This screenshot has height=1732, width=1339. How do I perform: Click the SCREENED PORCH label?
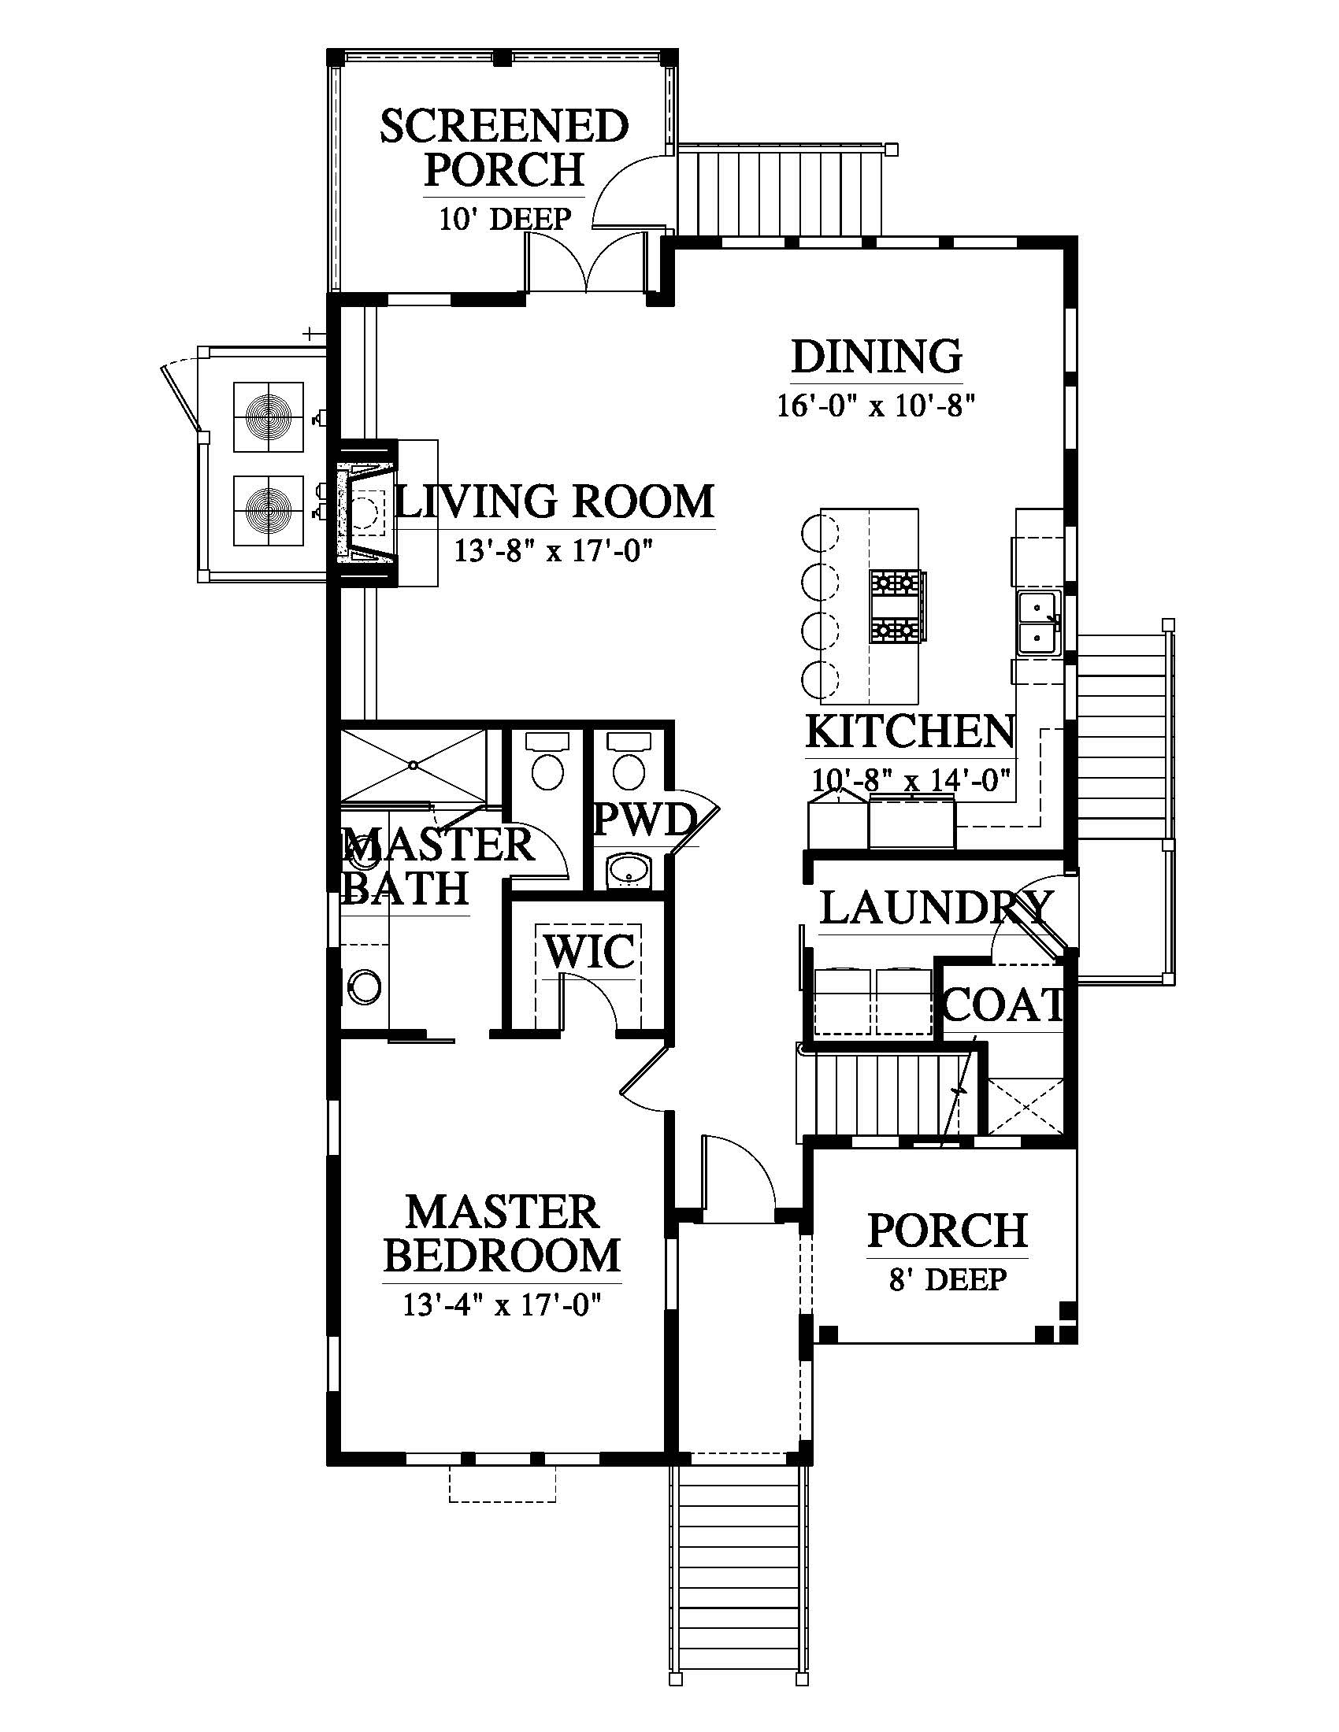[505, 148]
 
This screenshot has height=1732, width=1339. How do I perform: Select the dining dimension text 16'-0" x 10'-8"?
[875, 406]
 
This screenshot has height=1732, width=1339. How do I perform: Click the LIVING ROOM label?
[555, 502]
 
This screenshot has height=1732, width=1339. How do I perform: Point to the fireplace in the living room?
[367, 513]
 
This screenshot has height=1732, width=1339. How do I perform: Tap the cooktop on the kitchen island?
[896, 607]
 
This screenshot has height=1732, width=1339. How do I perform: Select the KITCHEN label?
[910, 731]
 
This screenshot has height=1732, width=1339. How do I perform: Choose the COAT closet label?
[1003, 1005]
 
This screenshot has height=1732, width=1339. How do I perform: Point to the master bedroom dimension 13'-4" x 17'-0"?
[501, 1305]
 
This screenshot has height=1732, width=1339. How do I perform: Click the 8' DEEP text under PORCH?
[947, 1279]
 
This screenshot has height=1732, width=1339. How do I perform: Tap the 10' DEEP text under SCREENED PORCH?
[506, 218]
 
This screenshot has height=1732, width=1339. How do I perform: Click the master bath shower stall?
[414, 765]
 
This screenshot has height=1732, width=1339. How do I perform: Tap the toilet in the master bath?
[547, 761]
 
